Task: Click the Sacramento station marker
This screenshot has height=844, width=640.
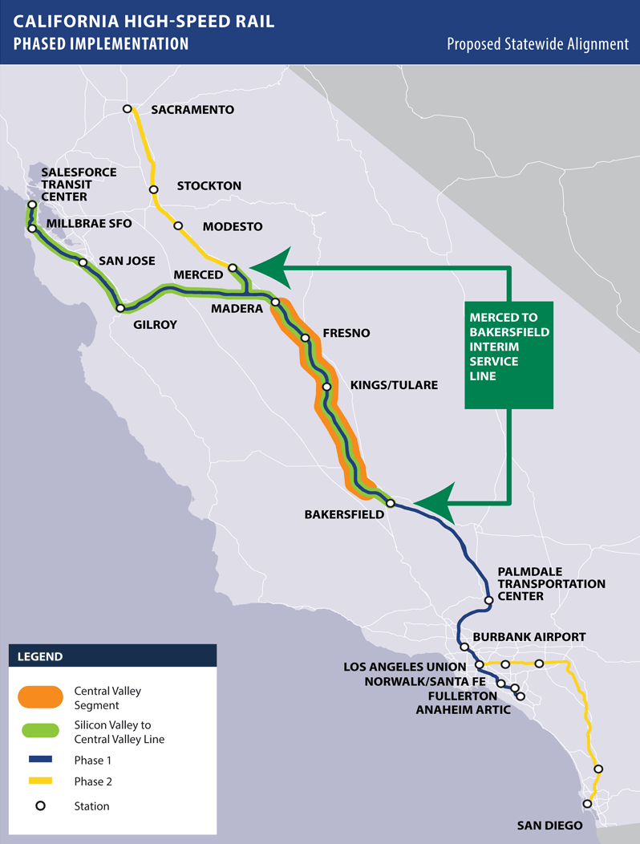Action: coord(127,109)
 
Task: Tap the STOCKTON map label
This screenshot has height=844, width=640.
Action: coord(209,186)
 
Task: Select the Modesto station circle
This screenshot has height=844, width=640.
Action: coord(178,226)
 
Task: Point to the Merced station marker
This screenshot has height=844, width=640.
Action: coord(233,267)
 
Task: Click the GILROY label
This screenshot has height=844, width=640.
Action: coord(156,325)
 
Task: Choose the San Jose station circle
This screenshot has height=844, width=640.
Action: coord(83,262)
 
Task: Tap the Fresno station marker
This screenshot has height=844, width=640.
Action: coord(305,338)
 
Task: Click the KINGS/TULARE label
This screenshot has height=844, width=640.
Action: coord(394,385)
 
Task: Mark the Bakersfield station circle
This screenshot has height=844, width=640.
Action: coord(390,503)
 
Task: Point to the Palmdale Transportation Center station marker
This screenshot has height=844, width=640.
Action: coord(488,601)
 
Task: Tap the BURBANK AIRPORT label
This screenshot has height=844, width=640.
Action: coord(529,637)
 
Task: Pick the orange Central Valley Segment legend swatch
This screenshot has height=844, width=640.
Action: coord(39,697)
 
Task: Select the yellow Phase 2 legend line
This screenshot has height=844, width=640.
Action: coord(39,781)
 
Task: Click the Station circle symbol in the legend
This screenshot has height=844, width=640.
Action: coord(39,805)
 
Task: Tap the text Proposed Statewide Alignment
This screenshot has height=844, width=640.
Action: coord(537,44)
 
